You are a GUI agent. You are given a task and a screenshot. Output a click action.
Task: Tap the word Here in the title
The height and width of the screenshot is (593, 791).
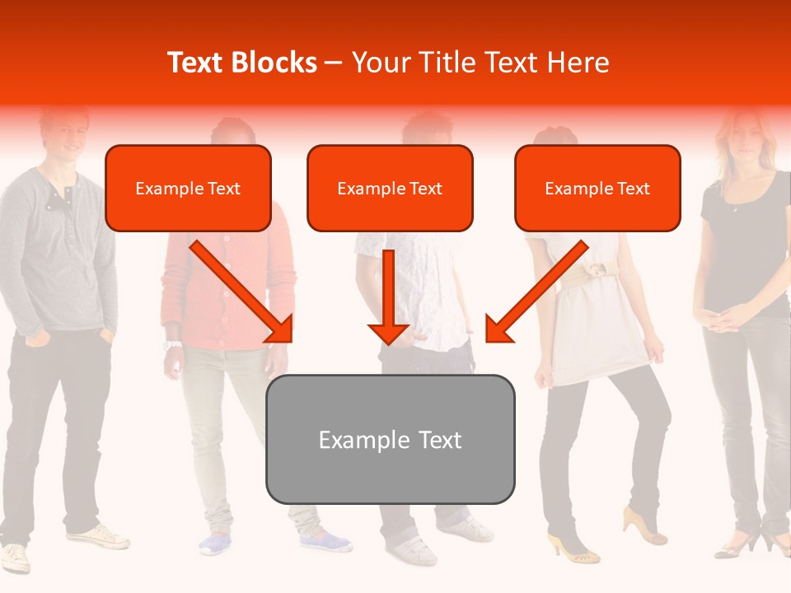tap(580, 63)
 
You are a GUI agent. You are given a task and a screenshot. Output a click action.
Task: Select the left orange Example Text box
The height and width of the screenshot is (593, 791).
tap(188, 188)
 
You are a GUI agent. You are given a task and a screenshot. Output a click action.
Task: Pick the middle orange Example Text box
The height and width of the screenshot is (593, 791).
tap(390, 188)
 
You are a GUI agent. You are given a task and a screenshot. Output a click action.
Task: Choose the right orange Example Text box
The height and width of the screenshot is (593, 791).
tap(597, 188)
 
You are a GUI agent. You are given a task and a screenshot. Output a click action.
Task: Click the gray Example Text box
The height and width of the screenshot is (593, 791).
tap(390, 439)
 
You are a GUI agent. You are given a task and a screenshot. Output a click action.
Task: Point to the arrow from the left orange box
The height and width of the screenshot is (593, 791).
tap(243, 292)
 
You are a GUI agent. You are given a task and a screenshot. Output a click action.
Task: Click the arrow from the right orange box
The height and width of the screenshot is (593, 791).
tap(536, 292)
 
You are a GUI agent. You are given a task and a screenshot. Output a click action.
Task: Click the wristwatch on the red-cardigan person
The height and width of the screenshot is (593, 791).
tap(172, 345)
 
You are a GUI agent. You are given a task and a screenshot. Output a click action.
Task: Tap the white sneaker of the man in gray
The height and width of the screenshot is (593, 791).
tap(99, 537)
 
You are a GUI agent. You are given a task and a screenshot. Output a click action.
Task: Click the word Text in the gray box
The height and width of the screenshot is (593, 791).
tap(441, 440)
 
